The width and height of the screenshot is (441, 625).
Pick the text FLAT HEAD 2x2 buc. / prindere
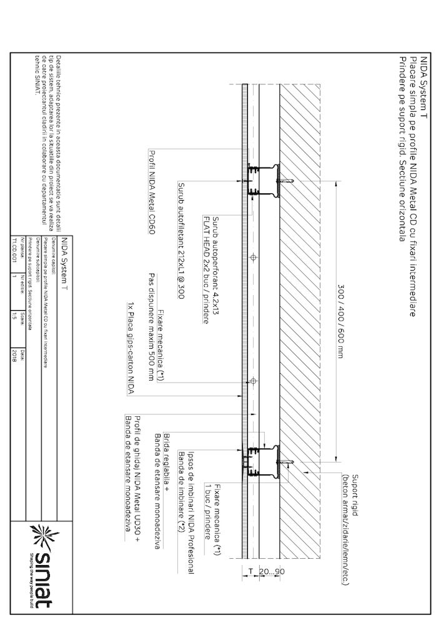[206, 269]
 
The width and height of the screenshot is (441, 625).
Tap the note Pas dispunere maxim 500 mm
[151, 326]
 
